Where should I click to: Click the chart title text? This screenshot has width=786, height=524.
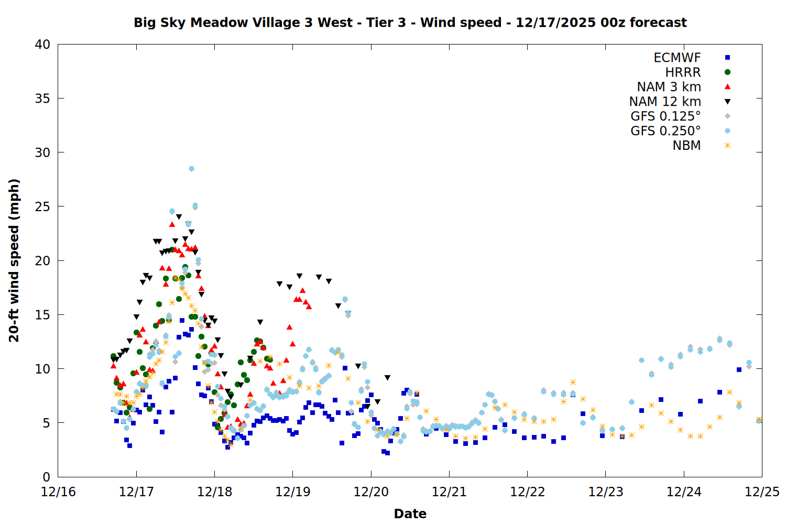click(x=410, y=23)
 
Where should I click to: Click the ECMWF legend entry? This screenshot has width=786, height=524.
click(x=677, y=58)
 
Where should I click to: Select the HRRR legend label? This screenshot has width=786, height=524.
click(x=683, y=72)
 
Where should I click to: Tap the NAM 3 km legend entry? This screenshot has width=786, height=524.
click(x=669, y=87)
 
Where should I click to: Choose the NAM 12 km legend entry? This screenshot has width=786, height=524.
click(x=665, y=102)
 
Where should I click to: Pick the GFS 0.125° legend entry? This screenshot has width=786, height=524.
click(x=665, y=116)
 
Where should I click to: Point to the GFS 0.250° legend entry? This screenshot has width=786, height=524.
click(x=665, y=131)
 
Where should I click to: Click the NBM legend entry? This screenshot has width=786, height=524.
click(x=686, y=146)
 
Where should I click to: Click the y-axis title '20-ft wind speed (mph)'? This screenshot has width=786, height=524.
click(x=14, y=260)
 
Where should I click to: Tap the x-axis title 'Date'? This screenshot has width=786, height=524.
click(x=410, y=514)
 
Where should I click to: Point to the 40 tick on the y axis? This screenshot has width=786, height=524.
click(x=42, y=45)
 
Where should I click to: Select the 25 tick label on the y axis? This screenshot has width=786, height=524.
click(x=42, y=207)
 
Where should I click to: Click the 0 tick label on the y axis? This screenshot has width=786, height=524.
click(x=46, y=477)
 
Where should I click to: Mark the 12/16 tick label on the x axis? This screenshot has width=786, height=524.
click(x=58, y=492)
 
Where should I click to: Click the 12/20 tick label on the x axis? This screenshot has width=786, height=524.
click(x=371, y=492)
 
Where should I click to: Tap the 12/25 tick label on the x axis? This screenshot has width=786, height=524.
click(x=762, y=492)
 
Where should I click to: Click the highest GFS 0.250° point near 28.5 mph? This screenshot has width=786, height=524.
click(x=191, y=169)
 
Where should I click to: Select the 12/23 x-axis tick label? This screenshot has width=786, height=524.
click(x=606, y=492)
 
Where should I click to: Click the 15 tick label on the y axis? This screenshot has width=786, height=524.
click(x=42, y=315)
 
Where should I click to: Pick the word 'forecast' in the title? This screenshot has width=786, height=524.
click(x=658, y=23)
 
